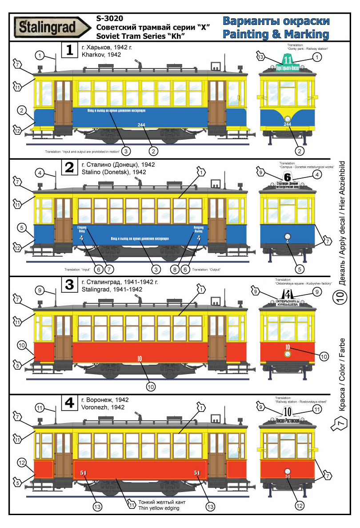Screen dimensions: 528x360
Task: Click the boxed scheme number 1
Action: tap(69, 50)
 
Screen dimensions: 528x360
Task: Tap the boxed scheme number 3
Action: tap(69, 285)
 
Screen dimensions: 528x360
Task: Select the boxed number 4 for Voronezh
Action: tap(69, 403)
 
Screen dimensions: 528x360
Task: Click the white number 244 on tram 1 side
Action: tap(141, 124)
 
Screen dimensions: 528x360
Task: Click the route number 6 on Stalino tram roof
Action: tap(287, 177)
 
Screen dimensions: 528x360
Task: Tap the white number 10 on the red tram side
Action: tap(140, 358)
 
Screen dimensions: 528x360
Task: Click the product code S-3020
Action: tap(109, 18)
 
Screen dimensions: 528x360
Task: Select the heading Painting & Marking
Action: tap(276, 34)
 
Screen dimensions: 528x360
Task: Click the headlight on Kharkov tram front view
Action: tap(288, 118)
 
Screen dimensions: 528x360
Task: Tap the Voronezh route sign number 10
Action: tap(288, 412)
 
